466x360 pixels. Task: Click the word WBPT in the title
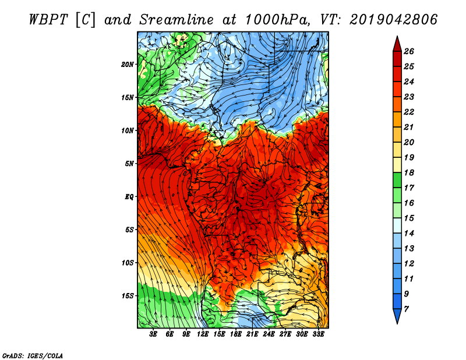tap(49, 20)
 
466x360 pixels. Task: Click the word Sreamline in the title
tap(176, 20)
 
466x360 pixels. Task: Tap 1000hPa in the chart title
tap(278, 20)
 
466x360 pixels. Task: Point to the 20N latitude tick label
tap(127, 65)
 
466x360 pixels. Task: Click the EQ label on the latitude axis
tap(129, 197)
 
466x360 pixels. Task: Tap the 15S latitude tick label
tap(127, 296)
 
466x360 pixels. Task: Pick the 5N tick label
tap(129, 164)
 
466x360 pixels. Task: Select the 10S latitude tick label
tap(127, 263)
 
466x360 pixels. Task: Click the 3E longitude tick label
tap(153, 334)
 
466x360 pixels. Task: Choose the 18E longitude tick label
tap(236, 334)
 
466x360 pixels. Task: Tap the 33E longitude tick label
tap(318, 334)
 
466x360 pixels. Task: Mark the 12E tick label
tap(203, 334)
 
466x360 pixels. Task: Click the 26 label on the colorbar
tap(409, 51)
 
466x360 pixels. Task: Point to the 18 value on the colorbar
tap(409, 172)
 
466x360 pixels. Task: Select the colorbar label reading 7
tap(406, 309)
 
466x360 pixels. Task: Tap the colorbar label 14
tap(409, 234)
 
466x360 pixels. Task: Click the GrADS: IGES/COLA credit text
tap(33, 356)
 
